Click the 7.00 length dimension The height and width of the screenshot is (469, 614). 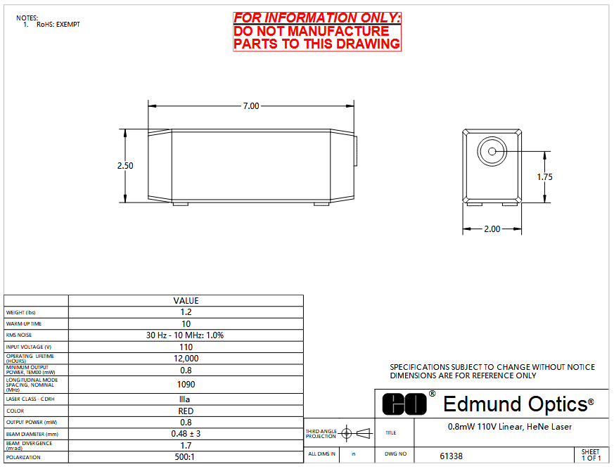coord(251,105)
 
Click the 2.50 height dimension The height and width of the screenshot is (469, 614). coord(125,166)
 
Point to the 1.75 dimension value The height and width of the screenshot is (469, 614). coord(544,177)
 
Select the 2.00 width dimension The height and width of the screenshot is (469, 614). coord(492,229)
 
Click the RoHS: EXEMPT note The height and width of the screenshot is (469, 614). coord(58,25)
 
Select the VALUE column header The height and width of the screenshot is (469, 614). coord(186,301)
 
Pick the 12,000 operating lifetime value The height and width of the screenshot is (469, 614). coord(186,358)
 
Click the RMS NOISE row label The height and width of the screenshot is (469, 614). coord(19,335)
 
